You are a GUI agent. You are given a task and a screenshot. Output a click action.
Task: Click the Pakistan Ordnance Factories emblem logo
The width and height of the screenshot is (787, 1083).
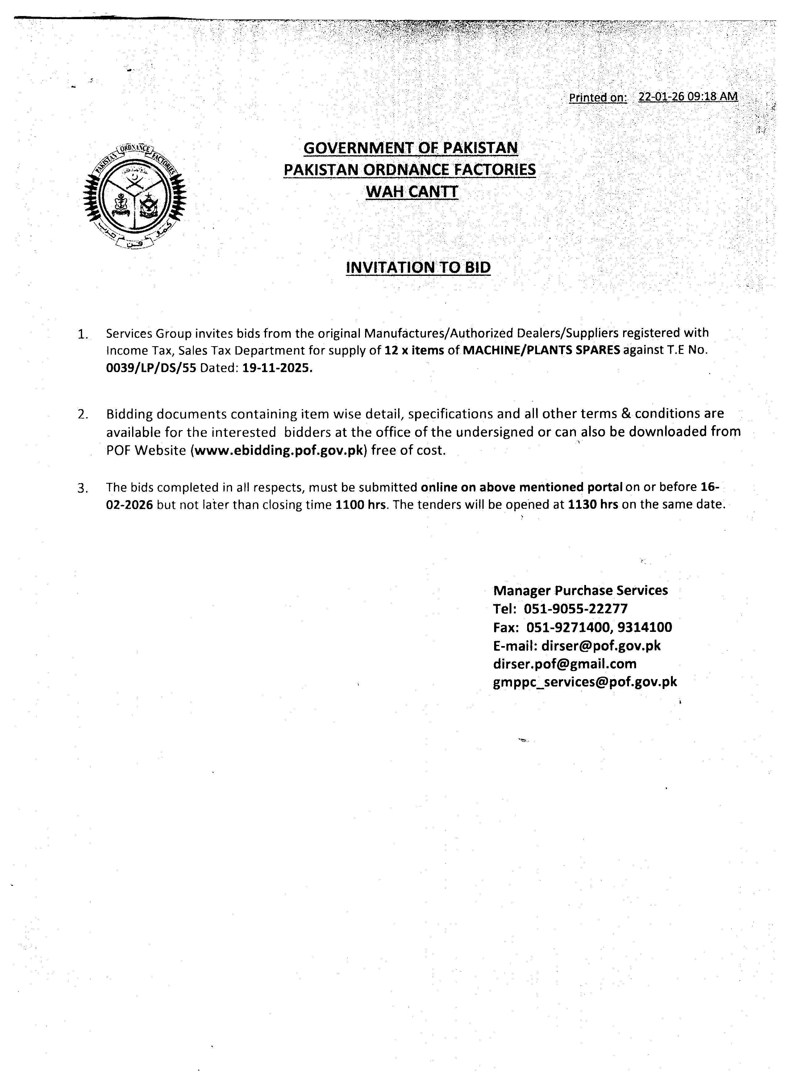[135, 196]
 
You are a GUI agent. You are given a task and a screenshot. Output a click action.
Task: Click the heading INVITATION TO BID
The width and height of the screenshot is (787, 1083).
[418, 268]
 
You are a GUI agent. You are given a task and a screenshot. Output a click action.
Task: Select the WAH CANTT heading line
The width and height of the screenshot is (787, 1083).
[412, 192]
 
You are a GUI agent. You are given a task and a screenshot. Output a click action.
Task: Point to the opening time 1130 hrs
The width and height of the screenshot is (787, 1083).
[593, 505]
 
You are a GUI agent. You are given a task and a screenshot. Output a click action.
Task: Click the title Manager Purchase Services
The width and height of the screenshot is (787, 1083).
[580, 591]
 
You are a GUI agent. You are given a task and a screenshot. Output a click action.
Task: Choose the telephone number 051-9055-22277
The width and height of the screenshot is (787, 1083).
[576, 609]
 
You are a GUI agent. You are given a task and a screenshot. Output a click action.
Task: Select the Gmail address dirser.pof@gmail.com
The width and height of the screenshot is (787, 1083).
[564, 664]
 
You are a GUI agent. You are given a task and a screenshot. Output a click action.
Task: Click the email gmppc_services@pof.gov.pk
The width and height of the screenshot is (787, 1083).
[585, 682]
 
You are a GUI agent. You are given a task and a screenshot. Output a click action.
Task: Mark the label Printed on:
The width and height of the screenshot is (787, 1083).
[598, 98]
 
